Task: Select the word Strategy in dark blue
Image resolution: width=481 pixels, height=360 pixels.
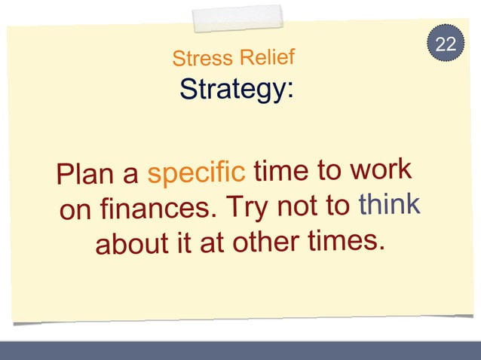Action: pos(234,90)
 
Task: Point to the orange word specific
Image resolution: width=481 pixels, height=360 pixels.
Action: pos(196,174)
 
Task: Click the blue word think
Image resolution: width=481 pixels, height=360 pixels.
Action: pos(389,203)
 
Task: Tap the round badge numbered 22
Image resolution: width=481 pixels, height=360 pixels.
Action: pos(446,44)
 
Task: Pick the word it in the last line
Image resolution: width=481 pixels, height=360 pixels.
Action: pos(178,244)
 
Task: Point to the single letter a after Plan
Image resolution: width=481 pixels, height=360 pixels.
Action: pos(131,176)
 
